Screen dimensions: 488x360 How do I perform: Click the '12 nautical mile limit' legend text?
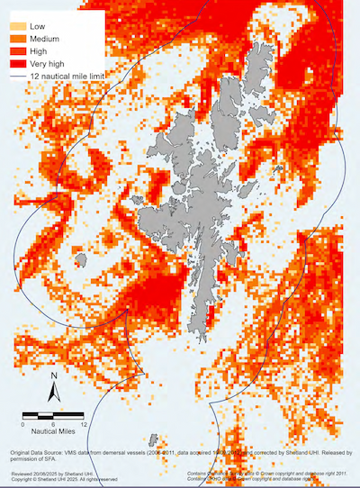tap(73, 79)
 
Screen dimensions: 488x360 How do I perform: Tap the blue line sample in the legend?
tap(17, 79)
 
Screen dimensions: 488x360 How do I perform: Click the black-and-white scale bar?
tap(52, 414)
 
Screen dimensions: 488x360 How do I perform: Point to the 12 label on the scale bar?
tap(83, 423)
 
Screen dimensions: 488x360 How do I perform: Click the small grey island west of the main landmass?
tap(83, 261)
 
